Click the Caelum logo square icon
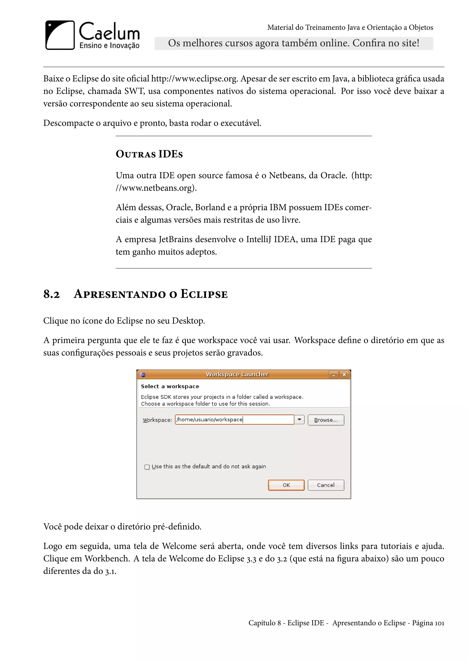point(60,35)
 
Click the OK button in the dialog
point(286,485)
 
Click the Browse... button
point(326,420)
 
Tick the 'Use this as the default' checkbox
point(147,467)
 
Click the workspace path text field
point(234,420)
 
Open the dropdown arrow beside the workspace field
point(299,420)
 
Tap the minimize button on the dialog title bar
point(334,375)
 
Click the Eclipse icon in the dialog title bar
point(143,375)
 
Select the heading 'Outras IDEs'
point(149,154)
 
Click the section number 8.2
point(51,294)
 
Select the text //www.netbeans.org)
point(156,188)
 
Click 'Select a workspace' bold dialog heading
point(170,386)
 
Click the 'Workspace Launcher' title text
point(237,374)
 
